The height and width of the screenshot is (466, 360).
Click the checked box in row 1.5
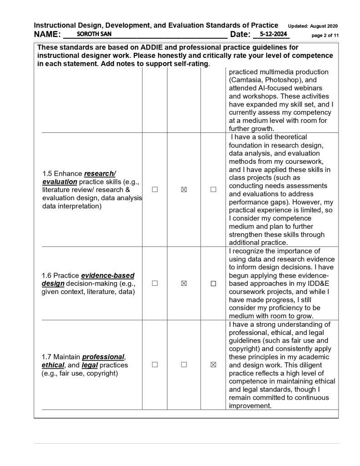[x=184, y=190]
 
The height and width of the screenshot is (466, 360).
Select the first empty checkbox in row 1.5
[x=155, y=190]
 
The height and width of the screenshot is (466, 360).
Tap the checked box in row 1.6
[x=184, y=283]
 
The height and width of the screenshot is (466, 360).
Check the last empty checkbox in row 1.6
[x=213, y=283]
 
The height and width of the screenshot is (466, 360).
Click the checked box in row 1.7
[x=213, y=365]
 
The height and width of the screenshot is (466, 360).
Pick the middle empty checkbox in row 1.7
[x=184, y=365]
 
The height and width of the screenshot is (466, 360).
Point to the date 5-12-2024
[x=271, y=34]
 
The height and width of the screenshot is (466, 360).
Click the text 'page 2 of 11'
[x=325, y=35]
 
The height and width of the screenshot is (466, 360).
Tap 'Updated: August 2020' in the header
[x=313, y=26]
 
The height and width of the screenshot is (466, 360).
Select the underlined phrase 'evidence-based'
[x=107, y=275]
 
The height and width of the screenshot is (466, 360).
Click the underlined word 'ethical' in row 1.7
[x=53, y=365]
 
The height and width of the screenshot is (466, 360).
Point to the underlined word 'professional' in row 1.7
[x=103, y=356]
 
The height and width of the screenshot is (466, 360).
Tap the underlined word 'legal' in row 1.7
[x=90, y=365]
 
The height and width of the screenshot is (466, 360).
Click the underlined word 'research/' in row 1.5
[x=101, y=173]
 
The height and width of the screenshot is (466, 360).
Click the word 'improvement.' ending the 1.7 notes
[x=250, y=405]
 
